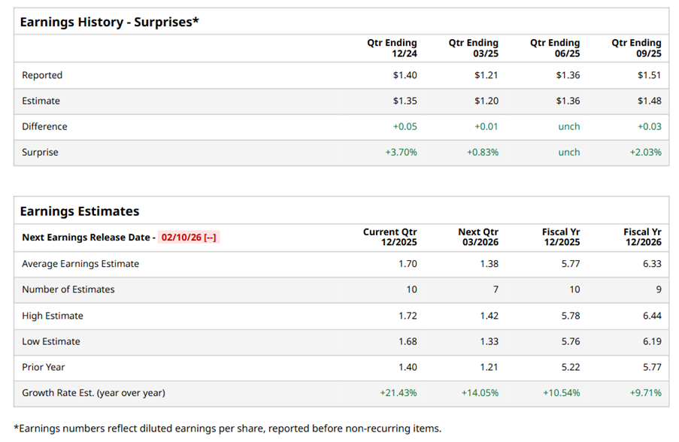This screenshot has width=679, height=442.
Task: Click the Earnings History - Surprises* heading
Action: (x=109, y=22)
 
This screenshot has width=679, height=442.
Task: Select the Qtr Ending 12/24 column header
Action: (x=392, y=48)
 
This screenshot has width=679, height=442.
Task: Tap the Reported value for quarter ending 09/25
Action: (x=649, y=75)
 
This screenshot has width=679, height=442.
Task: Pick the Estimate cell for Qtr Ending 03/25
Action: (x=486, y=101)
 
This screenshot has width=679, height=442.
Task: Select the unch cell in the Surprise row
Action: (x=568, y=152)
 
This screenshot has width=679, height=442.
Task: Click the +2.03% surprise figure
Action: (x=645, y=152)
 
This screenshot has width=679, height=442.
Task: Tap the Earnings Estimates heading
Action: (x=80, y=211)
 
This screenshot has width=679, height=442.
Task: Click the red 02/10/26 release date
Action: (x=188, y=238)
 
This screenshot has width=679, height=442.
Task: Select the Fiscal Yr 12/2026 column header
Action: (x=642, y=238)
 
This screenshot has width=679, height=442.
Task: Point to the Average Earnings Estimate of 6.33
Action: (x=651, y=264)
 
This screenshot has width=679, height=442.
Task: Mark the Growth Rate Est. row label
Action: (x=93, y=392)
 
